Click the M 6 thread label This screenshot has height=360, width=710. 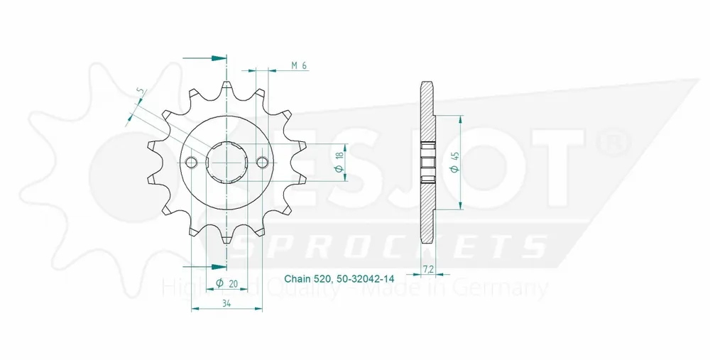pos(299,66)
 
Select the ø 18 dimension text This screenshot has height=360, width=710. pos(340,163)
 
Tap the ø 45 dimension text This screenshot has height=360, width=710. pos(453,163)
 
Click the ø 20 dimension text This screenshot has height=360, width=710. pos(226,284)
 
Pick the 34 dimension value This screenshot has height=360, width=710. pos(226,304)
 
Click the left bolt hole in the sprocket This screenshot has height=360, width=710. pos(191,163)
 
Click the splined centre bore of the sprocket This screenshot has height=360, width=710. pos(226,163)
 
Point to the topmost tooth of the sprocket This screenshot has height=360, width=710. pos(226,88)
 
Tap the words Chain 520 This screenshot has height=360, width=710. pos(306,279)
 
